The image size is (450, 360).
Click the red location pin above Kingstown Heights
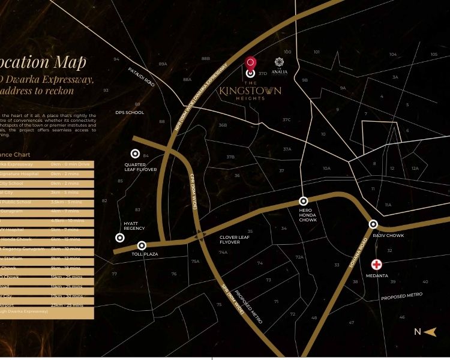tap(251, 63)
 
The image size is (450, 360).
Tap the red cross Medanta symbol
tap(376, 265)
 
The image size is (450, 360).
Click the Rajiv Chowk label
tap(388, 236)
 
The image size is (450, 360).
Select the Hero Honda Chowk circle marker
tap(304, 202)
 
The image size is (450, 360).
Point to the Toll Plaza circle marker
tap(142, 245)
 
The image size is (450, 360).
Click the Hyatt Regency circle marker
tap(120, 238)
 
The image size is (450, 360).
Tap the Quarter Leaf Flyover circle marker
tap(136, 154)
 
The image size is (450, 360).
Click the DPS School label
tap(130, 112)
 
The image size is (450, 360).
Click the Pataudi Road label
tap(142, 77)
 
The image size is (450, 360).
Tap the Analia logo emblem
tap(279, 62)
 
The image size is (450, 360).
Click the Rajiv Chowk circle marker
tap(373, 224)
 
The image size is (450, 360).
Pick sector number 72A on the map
tap(299, 257)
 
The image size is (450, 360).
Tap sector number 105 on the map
tap(434, 55)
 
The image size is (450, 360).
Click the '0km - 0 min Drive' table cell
tap(70, 164)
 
